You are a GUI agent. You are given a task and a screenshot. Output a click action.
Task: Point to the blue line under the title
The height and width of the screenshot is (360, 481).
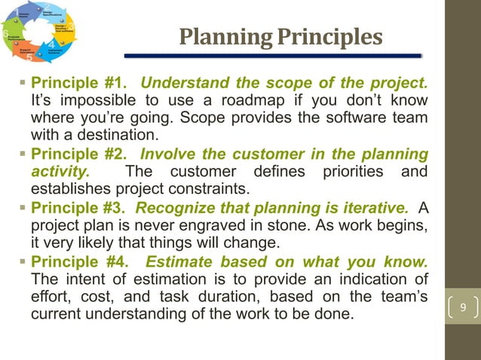point(272,56)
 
